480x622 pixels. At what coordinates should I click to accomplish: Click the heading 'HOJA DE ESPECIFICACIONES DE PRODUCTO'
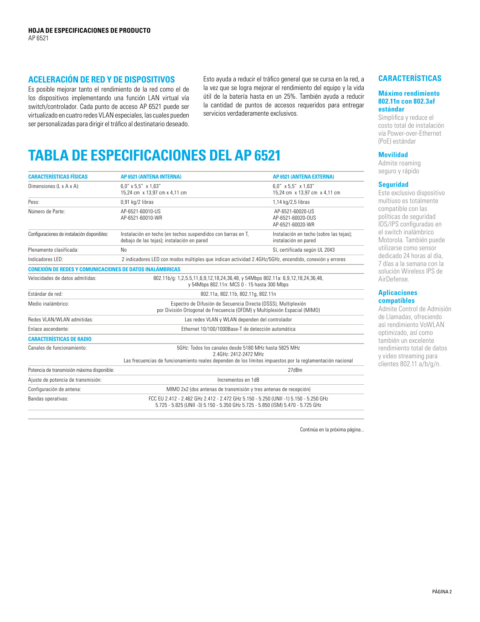(89, 31)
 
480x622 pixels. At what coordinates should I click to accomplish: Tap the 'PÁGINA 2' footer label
(442, 591)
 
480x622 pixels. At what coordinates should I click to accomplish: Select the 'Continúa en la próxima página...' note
(332, 429)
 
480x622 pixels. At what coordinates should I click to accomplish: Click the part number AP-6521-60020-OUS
(294, 218)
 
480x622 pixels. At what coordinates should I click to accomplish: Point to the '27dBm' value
(295, 370)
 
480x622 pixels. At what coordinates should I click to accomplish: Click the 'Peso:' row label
(34, 202)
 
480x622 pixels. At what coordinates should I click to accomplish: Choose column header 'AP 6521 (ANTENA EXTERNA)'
(303, 177)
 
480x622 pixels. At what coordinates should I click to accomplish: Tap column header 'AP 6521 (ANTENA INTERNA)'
(151, 177)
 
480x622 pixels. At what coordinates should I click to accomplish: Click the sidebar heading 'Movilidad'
(393, 155)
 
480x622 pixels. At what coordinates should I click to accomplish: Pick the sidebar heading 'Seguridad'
(393, 185)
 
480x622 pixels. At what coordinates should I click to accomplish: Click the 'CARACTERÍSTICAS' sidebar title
(410, 78)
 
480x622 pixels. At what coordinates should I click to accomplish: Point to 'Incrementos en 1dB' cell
(238, 380)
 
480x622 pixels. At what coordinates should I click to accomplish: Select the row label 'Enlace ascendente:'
(48, 329)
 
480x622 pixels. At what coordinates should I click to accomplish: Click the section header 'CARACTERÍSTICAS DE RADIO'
(59, 339)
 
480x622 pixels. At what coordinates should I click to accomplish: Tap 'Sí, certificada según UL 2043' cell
(303, 250)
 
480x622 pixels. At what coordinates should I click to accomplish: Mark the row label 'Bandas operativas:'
(48, 399)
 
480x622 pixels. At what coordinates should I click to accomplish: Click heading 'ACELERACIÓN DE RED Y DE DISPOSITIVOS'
(101, 79)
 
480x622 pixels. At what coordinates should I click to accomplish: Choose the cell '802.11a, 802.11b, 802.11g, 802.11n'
(238, 294)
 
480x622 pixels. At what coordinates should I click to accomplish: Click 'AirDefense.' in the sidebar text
(393, 279)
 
